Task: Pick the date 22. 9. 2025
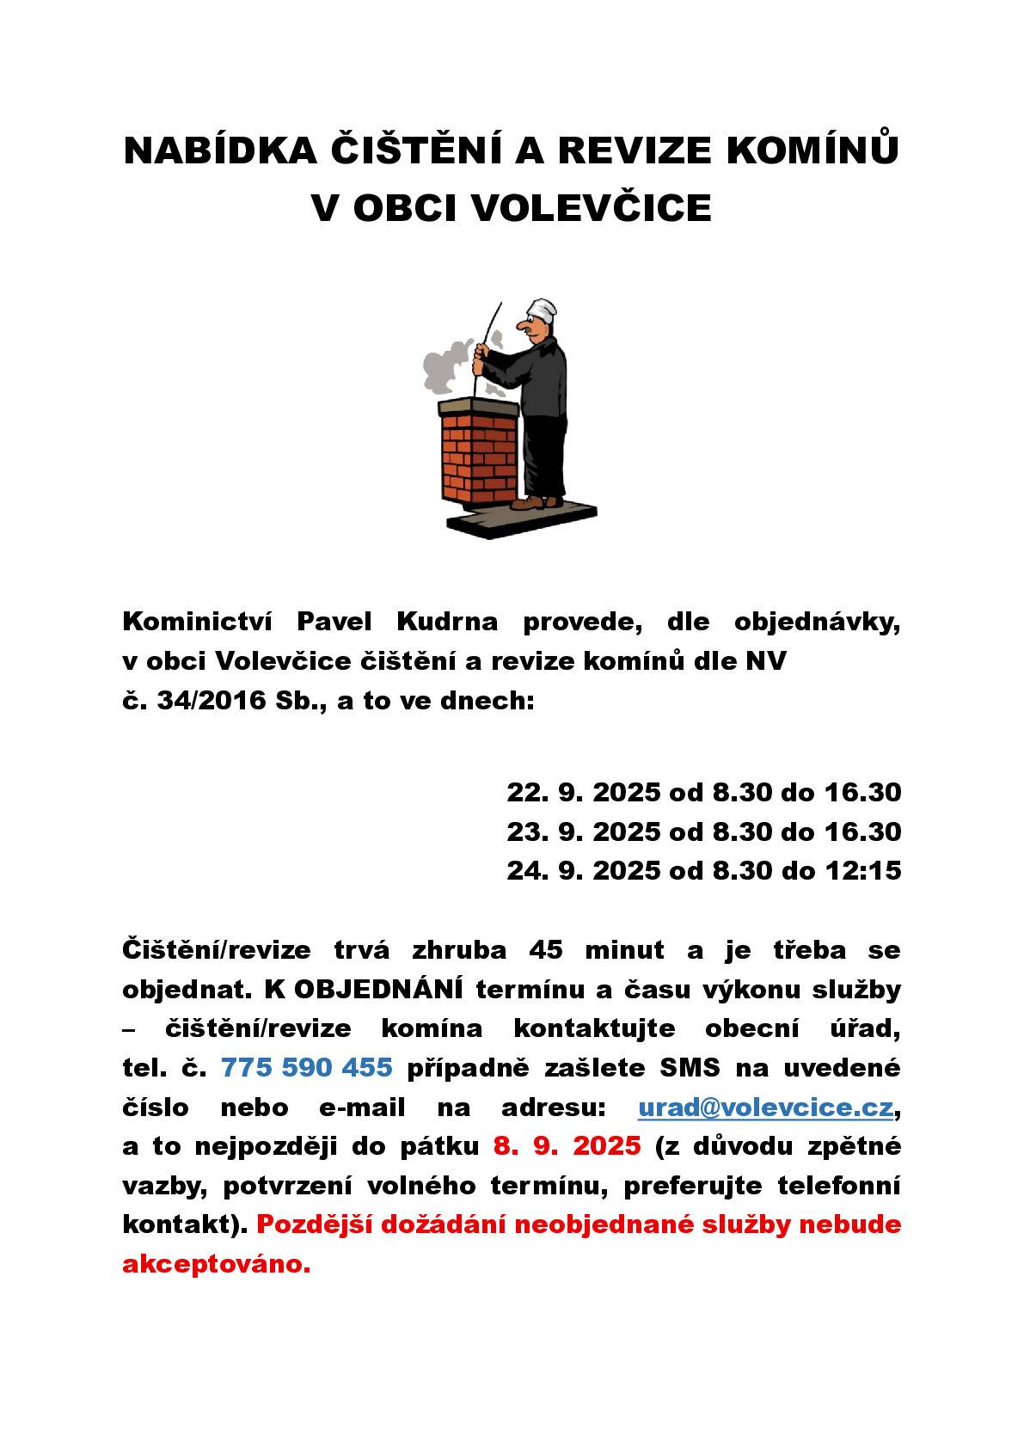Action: pyautogui.click(x=583, y=792)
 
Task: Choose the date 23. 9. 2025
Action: pyautogui.click(x=583, y=831)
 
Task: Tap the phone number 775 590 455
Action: pyautogui.click(x=307, y=1068)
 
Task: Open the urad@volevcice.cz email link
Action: pyautogui.click(x=764, y=1107)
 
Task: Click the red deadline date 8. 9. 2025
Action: pyautogui.click(x=567, y=1146)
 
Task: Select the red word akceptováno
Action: pyautogui.click(x=216, y=1264)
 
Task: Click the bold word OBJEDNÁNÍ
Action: pyautogui.click(x=377, y=990)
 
